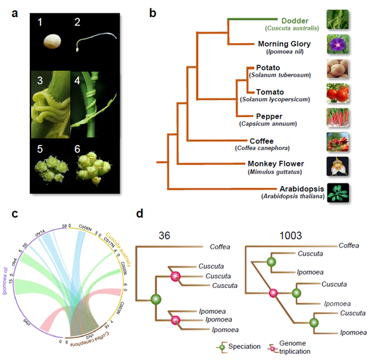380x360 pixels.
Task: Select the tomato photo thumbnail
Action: coord(336,94)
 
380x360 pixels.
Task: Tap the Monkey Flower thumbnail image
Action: coord(336,167)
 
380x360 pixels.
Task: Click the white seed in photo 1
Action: coord(51,44)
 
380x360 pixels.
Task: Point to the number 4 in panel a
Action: coord(76,80)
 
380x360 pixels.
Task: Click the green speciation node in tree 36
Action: coord(156,299)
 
